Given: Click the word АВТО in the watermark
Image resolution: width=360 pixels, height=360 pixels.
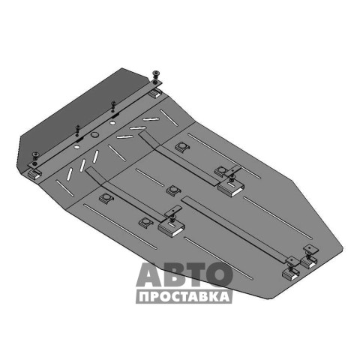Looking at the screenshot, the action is [x=184, y=274].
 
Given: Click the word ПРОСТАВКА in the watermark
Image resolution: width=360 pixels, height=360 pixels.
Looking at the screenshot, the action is [x=184, y=297].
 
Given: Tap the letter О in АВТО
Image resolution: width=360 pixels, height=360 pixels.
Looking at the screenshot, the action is [x=219, y=274].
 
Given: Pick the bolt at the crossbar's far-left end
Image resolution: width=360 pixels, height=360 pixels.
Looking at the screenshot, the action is [x=36, y=154].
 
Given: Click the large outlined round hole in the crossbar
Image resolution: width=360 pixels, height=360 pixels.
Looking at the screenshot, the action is [x=94, y=135].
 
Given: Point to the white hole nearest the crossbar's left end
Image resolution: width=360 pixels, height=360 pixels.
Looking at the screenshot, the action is [x=77, y=147].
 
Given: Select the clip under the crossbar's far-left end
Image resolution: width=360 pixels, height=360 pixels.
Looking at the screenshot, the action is [x=34, y=174].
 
